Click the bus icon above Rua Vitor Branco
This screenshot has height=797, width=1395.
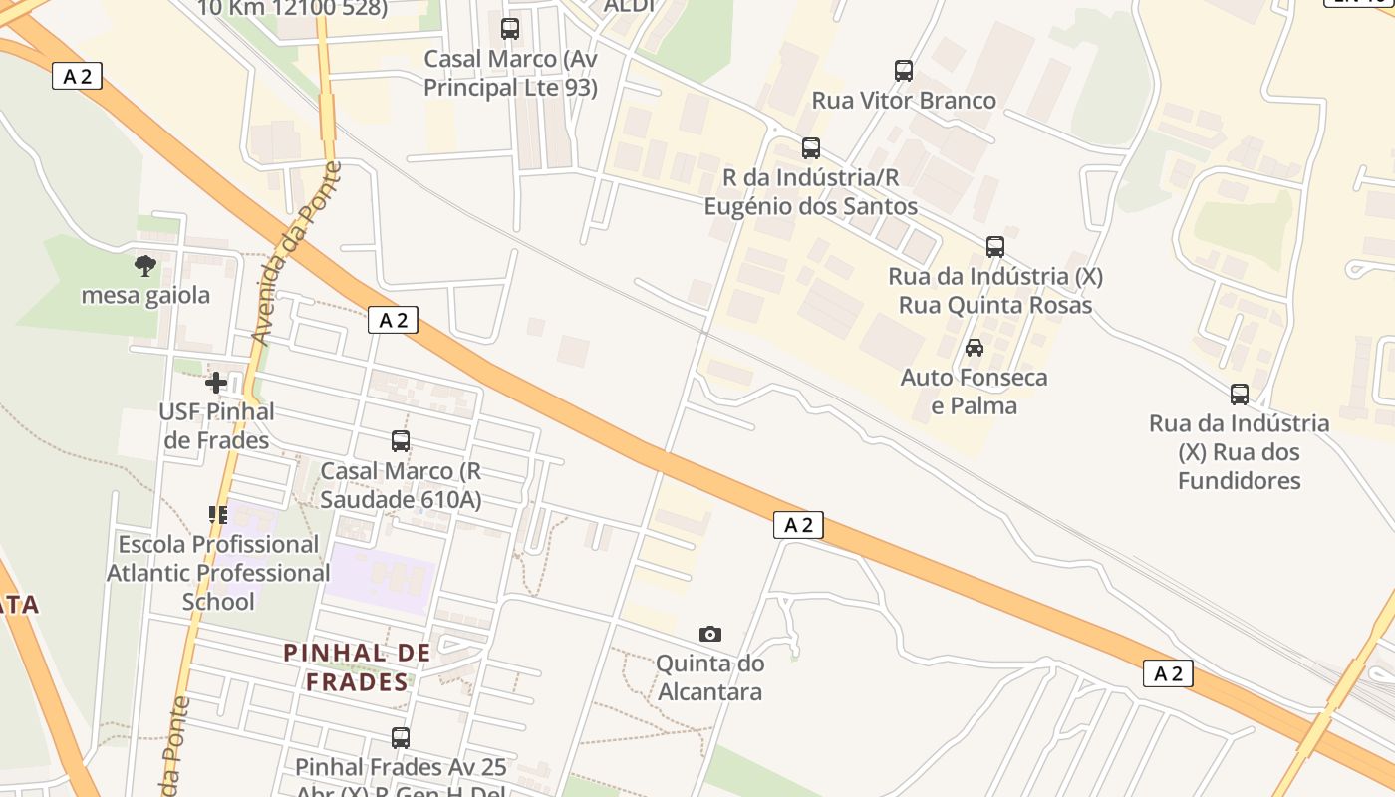(x=904, y=71)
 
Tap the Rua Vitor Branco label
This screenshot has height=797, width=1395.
(x=904, y=101)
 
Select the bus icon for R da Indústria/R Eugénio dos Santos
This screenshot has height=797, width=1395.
(x=811, y=148)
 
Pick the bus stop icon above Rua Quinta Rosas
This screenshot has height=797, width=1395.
(x=994, y=247)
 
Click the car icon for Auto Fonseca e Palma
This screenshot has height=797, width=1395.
(x=975, y=348)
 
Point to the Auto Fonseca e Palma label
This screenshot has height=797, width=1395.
(x=975, y=392)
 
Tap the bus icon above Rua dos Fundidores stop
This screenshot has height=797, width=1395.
(x=1240, y=395)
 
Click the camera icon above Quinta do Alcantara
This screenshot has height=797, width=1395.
(x=710, y=634)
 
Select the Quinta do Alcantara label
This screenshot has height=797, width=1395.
(x=710, y=677)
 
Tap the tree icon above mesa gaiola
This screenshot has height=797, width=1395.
(x=145, y=266)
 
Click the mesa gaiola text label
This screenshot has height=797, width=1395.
(x=145, y=296)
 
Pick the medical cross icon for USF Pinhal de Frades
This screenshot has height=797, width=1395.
(x=216, y=382)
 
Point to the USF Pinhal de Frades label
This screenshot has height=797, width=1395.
(x=216, y=425)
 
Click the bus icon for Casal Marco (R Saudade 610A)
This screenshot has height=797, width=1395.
(x=401, y=441)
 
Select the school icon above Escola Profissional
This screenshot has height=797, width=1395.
(x=218, y=515)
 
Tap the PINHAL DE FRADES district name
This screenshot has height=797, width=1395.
(x=358, y=667)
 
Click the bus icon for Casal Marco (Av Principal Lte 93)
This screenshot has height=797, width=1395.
(x=510, y=29)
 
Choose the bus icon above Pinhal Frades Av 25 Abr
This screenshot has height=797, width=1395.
(x=401, y=738)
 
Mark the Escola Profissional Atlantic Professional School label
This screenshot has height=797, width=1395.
(x=218, y=573)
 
